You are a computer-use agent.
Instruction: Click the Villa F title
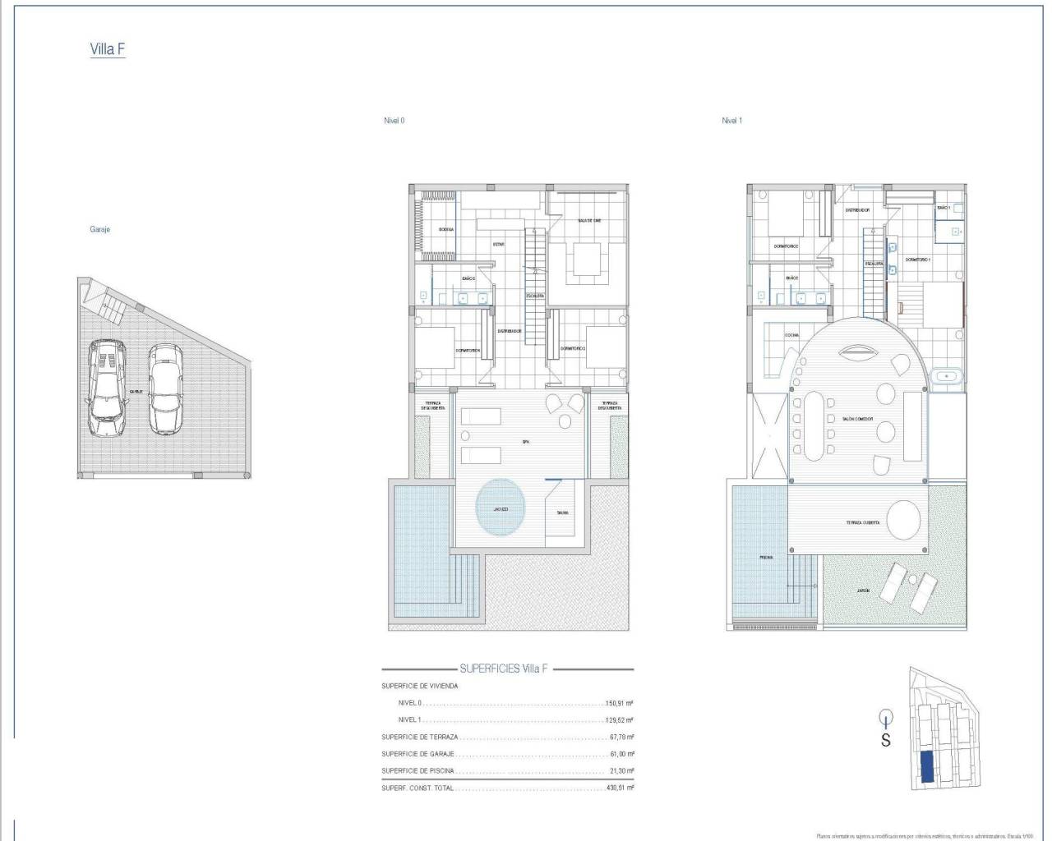pyautogui.click(x=107, y=49)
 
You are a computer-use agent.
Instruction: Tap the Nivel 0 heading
pyautogui.click(x=394, y=121)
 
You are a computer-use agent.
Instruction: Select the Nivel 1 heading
pyautogui.click(x=731, y=121)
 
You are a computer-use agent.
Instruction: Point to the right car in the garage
pyautogui.click(x=165, y=388)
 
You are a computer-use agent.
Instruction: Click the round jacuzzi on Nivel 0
pyautogui.click(x=501, y=509)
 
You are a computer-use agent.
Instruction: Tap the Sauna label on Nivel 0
pyautogui.click(x=562, y=513)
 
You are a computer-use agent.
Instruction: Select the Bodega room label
pyautogui.click(x=446, y=229)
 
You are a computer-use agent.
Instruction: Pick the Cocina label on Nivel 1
pyautogui.click(x=791, y=335)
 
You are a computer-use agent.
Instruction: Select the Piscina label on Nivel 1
pyautogui.click(x=765, y=558)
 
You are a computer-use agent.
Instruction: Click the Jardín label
pyautogui.click(x=863, y=590)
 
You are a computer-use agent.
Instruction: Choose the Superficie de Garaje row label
pyautogui.click(x=420, y=754)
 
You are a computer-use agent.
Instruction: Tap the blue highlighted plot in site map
pyautogui.click(x=926, y=767)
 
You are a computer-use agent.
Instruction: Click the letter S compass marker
pyautogui.click(x=886, y=740)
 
